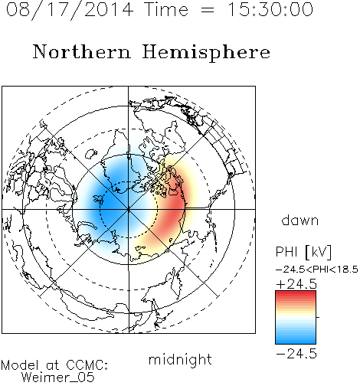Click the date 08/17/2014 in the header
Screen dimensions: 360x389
[x=70, y=9]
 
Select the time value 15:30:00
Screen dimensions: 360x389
[x=270, y=9]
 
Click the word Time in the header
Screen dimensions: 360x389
[x=166, y=9]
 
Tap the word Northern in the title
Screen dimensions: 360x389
[x=82, y=51]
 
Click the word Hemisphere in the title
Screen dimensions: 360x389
[x=206, y=53]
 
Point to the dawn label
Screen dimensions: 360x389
[x=299, y=220]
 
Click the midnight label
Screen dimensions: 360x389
[x=180, y=359]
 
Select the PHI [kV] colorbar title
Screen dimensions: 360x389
[x=303, y=252]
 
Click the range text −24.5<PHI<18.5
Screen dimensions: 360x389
[x=317, y=270]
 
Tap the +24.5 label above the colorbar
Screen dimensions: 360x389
[x=296, y=284]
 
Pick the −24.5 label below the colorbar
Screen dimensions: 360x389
[x=296, y=354]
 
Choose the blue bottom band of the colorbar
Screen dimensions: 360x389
[x=296, y=339]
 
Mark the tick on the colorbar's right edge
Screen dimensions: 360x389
[x=318, y=317]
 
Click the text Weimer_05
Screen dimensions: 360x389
[x=58, y=377]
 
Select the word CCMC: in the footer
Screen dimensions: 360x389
[x=87, y=365]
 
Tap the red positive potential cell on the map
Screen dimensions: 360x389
[x=172, y=208]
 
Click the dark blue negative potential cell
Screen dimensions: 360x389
[x=107, y=201]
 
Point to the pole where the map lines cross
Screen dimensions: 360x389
[x=129, y=210]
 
